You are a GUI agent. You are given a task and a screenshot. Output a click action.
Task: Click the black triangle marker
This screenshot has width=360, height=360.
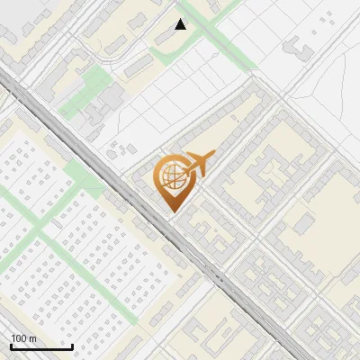coord(181,24)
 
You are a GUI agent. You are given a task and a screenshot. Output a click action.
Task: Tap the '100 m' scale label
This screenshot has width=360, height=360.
coord(23,338)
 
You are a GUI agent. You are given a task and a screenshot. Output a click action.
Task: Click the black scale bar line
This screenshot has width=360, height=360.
coord(41,346)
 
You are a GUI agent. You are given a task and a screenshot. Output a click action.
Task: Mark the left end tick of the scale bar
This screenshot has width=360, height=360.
coord(11,345)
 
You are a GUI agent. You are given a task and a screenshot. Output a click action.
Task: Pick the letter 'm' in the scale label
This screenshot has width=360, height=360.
coord(32,338)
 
